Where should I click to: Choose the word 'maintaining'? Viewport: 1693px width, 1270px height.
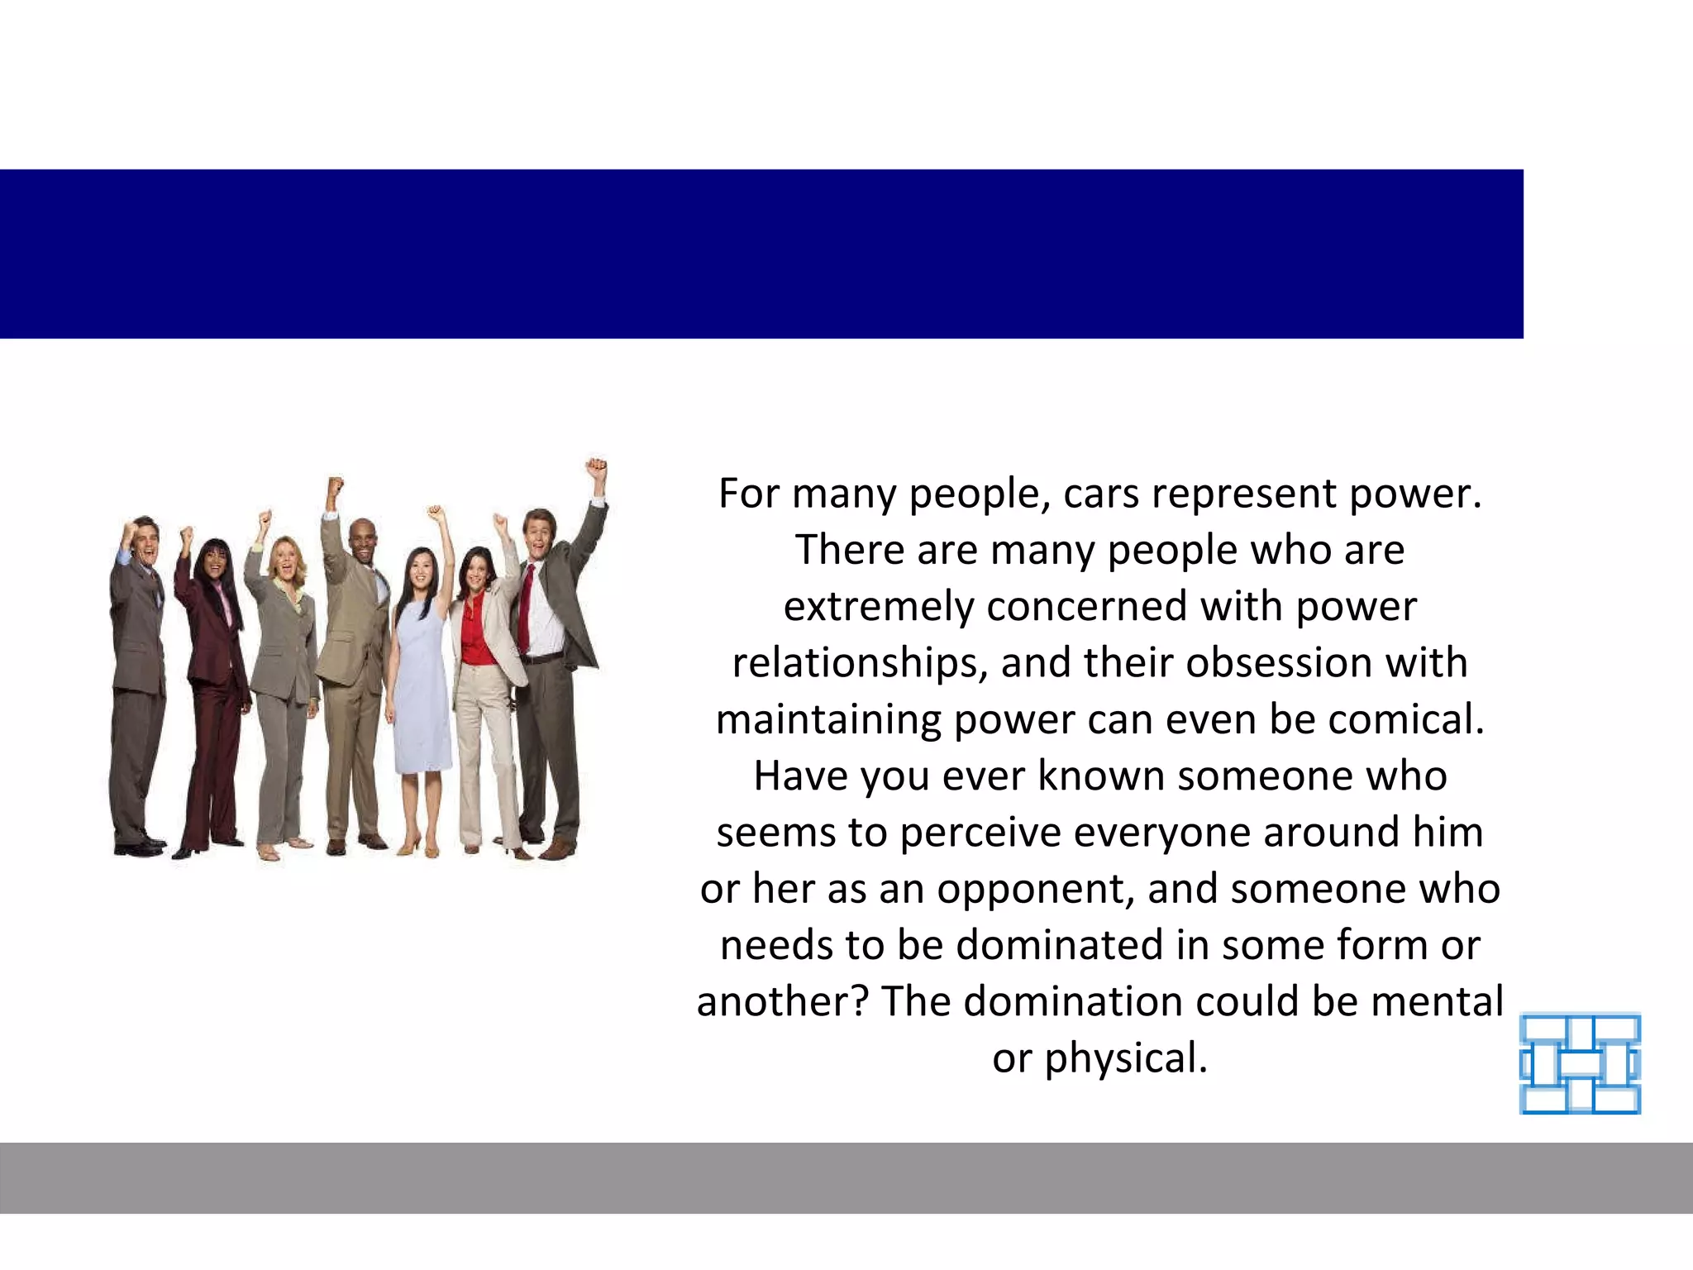(x=828, y=719)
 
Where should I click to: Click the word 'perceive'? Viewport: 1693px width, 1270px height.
(x=980, y=833)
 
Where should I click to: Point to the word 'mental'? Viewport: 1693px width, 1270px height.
(x=1437, y=1001)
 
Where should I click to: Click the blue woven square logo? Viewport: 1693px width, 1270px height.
(x=1580, y=1063)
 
